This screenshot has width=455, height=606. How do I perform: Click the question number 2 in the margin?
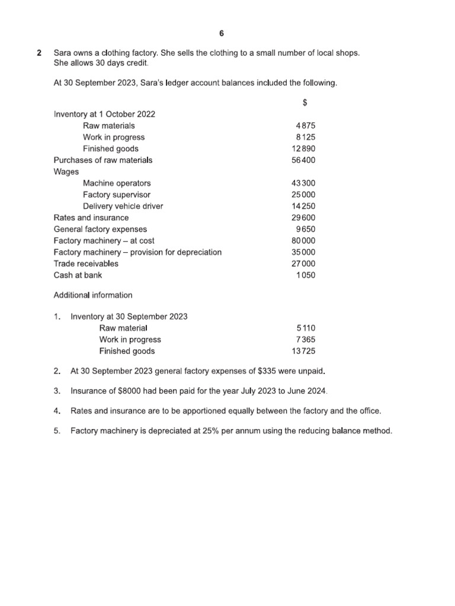39,53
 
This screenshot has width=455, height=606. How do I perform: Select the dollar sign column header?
305,102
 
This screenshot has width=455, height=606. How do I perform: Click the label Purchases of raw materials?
102,160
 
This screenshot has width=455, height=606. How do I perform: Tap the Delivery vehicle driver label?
123,206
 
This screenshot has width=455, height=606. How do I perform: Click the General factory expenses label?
100,229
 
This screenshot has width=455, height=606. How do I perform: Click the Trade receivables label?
86,263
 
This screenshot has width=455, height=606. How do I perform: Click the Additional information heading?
93,295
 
